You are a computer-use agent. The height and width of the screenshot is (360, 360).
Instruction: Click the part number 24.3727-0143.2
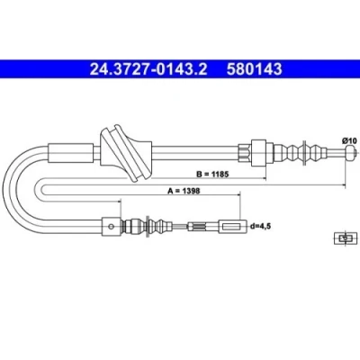(x=148, y=69)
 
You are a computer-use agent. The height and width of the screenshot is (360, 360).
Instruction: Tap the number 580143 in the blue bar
(x=255, y=69)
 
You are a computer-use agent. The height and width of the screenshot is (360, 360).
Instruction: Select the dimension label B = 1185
(x=212, y=174)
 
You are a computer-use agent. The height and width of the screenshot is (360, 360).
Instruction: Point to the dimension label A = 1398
(x=184, y=191)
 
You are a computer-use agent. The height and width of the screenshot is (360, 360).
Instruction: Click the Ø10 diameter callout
(x=349, y=140)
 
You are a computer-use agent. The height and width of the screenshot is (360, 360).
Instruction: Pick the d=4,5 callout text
(x=260, y=227)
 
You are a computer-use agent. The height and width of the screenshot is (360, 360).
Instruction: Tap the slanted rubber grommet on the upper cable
(x=126, y=153)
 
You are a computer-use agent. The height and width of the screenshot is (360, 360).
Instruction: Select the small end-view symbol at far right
(x=346, y=238)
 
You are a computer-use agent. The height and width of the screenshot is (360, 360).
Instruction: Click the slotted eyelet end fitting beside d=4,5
(x=232, y=227)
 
